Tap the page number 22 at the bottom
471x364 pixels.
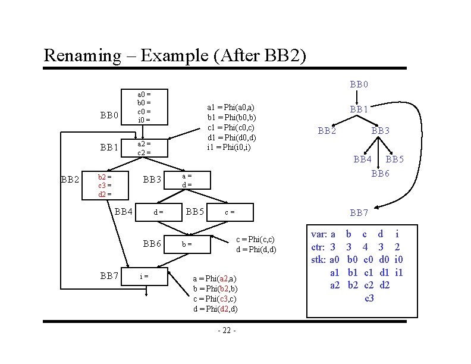pos(227,331)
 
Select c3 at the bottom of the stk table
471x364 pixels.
pos(369,297)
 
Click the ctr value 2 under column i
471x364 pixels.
pos(397,246)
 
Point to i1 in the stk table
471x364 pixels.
pos(399,272)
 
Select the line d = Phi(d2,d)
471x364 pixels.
pos(215,309)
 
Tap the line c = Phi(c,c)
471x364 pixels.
pos(256,239)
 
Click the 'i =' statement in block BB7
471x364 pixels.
pos(143,275)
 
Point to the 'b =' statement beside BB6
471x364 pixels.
pos(186,244)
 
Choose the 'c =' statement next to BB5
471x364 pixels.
pos(229,212)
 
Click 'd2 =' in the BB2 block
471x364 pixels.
pos(104,194)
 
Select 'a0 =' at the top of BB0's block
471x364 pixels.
pos(144,94)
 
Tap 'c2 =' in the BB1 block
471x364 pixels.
pos(144,152)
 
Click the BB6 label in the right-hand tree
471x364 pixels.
pos(381,174)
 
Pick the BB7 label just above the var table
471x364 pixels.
pos(360,212)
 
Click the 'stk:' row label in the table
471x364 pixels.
pos(319,259)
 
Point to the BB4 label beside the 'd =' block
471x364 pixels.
pos(123,211)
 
